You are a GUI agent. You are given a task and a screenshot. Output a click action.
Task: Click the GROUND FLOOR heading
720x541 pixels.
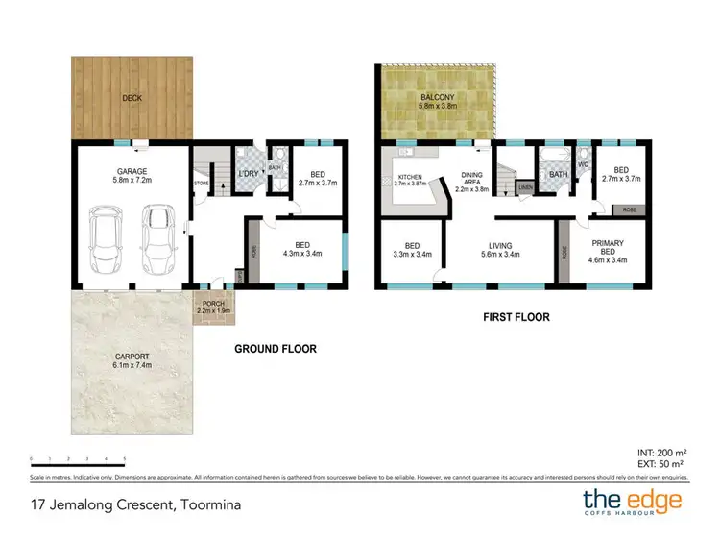[276, 349]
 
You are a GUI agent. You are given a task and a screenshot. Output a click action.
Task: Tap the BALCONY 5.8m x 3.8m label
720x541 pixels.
[437, 103]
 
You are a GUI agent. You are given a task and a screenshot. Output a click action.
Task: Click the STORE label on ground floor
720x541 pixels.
[202, 182]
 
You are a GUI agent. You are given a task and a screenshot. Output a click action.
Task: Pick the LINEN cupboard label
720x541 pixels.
[525, 188]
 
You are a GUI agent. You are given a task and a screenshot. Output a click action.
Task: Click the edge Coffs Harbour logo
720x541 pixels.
[633, 504]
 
